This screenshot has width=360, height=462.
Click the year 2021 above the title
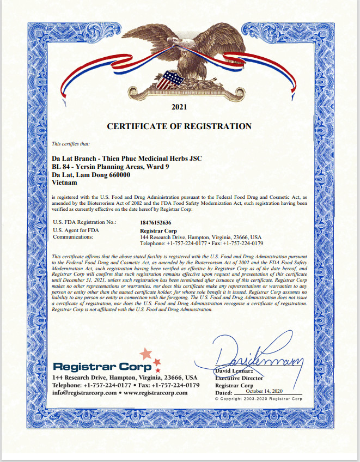click(179, 107)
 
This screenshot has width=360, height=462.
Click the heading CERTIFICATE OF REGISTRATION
click(179, 126)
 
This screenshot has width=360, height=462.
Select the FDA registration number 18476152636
click(158, 222)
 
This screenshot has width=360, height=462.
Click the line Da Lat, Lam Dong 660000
click(91, 174)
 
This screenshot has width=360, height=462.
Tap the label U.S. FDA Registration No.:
click(84, 222)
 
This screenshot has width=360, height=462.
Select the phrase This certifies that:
click(70, 144)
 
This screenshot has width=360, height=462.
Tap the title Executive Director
click(239, 378)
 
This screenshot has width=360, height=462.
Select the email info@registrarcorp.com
click(84, 392)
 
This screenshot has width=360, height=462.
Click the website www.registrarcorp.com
click(156, 392)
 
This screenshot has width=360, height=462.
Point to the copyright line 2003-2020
click(259, 399)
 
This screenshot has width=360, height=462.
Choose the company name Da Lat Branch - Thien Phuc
click(126, 158)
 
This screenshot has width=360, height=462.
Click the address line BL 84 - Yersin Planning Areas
click(111, 166)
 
